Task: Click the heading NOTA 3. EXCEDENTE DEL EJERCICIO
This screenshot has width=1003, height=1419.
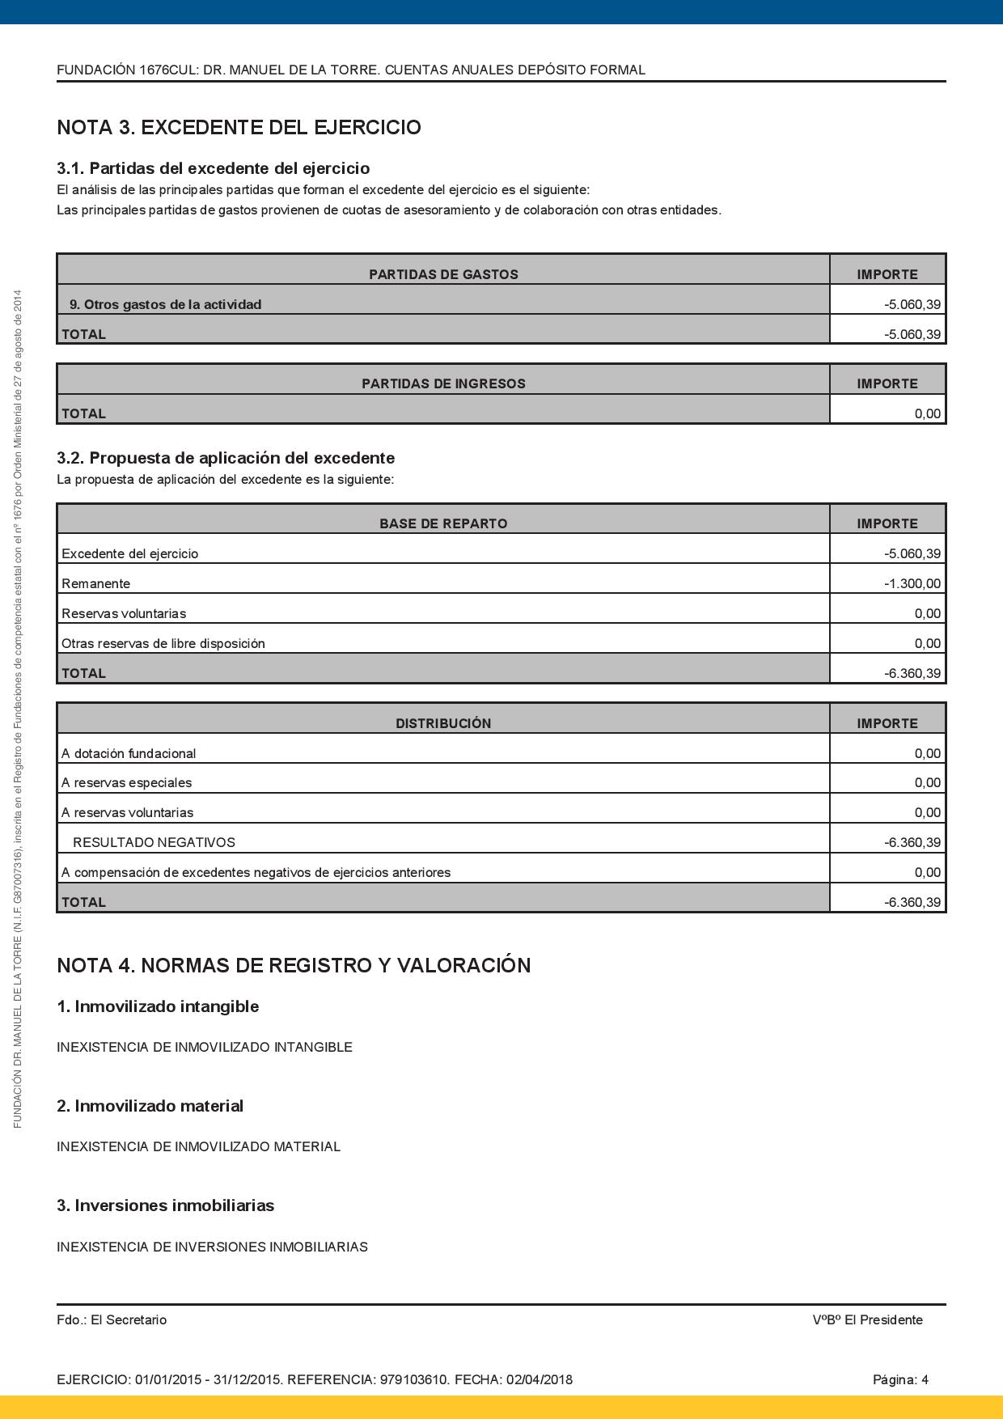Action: (x=239, y=128)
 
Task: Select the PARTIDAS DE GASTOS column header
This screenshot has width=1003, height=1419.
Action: (x=443, y=274)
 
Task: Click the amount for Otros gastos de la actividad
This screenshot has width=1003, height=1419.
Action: (x=912, y=305)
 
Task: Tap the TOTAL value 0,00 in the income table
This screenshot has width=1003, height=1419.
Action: (x=927, y=413)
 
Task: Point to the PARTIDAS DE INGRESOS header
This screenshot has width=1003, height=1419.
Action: (x=443, y=383)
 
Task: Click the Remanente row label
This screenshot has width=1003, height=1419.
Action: (x=95, y=583)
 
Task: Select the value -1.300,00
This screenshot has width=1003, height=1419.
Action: (x=912, y=583)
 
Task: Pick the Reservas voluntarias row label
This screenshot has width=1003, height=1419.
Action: (x=124, y=613)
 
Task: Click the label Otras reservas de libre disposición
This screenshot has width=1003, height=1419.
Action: (x=163, y=643)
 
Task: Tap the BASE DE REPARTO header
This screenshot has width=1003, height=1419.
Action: (x=443, y=523)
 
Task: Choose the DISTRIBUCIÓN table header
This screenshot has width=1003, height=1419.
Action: (x=443, y=723)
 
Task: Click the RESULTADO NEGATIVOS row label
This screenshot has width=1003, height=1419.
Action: (x=154, y=842)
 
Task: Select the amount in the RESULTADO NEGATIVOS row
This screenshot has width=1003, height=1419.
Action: (x=912, y=842)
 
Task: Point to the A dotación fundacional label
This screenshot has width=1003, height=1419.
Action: (x=129, y=753)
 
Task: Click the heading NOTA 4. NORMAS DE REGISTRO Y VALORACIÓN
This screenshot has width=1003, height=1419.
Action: (x=294, y=965)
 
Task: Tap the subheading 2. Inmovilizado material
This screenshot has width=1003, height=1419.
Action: (x=150, y=1106)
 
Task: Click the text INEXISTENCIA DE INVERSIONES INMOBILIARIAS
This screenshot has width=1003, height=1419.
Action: (x=212, y=1247)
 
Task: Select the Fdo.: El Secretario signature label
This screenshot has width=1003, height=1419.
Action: (x=112, y=1319)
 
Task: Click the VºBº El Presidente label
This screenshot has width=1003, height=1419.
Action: (x=867, y=1319)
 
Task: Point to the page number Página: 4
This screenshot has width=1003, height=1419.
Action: (x=900, y=1379)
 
